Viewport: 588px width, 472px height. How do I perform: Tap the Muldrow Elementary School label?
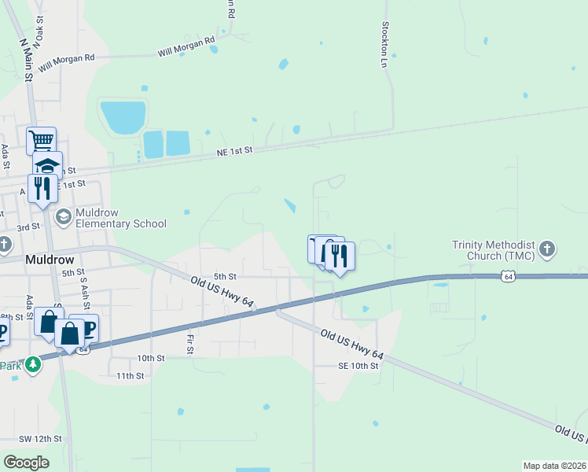pyautogui.click(x=121, y=218)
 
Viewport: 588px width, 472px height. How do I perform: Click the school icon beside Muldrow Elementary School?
pyautogui.click(x=63, y=215)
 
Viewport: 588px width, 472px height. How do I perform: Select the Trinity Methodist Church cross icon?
pyautogui.click(x=548, y=251)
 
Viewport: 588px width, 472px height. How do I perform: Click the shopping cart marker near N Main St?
pyautogui.click(x=41, y=142)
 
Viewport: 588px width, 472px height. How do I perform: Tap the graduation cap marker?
pyautogui.click(x=47, y=165)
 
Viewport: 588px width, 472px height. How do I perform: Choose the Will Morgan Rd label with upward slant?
pyautogui.click(x=186, y=46)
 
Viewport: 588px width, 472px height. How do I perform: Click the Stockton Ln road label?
pyautogui.click(x=385, y=43)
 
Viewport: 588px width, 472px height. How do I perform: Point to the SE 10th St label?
pyautogui.click(x=358, y=366)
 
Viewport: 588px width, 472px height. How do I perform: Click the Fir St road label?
pyautogui.click(x=190, y=344)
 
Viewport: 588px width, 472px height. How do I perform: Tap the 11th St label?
pyautogui.click(x=130, y=376)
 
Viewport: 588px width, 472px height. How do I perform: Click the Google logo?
pyautogui.click(x=26, y=463)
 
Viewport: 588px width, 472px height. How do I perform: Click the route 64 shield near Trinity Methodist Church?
pyautogui.click(x=509, y=276)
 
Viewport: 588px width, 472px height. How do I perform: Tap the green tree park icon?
pyautogui.click(x=32, y=364)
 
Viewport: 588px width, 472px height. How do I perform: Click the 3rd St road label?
pyautogui.click(x=29, y=227)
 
